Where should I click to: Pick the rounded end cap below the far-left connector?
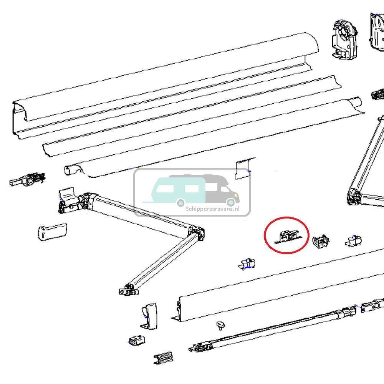click(52, 232)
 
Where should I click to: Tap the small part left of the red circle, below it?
click(246, 264)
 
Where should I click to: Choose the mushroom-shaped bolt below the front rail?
click(220, 326)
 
